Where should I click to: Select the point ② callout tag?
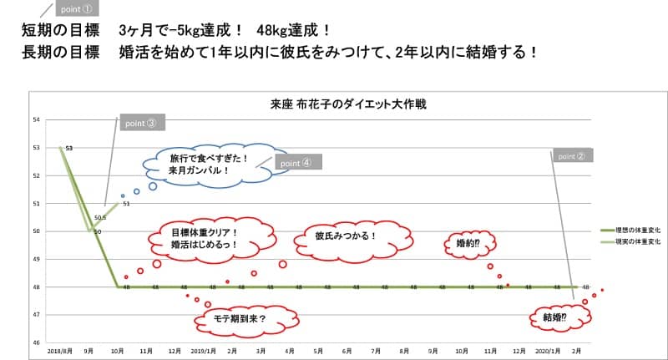point(571,155)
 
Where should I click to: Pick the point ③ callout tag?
point(140,123)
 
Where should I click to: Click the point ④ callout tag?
point(296,164)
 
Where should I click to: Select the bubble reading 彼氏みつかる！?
point(346,236)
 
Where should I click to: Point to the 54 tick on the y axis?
point(36,119)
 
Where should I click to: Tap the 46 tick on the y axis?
point(36,342)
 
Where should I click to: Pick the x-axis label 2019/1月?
point(203,352)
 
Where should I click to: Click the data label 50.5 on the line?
point(99,216)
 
